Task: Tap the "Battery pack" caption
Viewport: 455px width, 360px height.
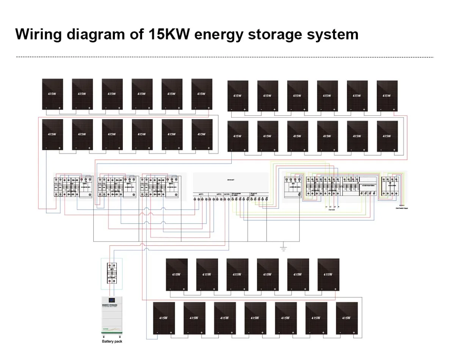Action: (112, 341)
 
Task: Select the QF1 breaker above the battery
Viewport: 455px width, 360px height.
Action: (112, 272)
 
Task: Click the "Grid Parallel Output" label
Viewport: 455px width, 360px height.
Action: (402, 208)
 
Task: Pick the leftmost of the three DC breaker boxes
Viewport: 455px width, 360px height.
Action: (74, 187)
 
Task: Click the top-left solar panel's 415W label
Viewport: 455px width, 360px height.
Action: (52, 94)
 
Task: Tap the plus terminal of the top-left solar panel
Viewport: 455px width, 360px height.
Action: (60, 108)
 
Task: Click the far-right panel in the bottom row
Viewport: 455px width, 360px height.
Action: (347, 318)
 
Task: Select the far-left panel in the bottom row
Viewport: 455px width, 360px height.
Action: (164, 318)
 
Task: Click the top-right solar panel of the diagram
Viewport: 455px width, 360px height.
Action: (387, 96)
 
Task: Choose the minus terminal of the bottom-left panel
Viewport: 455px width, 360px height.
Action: (157, 332)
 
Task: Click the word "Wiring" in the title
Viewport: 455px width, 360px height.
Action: (38, 34)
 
